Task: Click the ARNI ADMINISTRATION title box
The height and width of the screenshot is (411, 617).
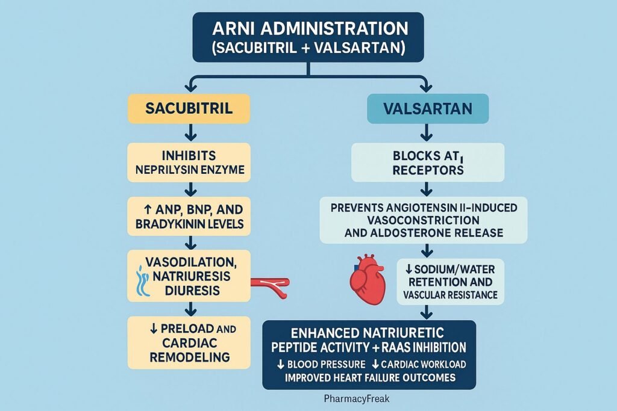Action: [308, 37]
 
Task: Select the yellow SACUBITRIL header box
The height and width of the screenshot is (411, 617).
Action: [189, 108]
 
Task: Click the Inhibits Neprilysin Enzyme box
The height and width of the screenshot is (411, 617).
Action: [189, 162]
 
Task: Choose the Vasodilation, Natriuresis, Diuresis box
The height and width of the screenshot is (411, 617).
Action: [189, 276]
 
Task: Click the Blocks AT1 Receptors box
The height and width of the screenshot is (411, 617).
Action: [427, 162]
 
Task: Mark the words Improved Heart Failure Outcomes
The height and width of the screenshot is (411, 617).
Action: [369, 377]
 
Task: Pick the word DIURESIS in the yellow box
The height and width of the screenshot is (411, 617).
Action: [189, 291]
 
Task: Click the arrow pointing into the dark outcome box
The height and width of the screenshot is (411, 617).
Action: [427, 312]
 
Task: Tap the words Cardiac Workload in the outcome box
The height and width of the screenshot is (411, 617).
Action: [424, 364]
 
